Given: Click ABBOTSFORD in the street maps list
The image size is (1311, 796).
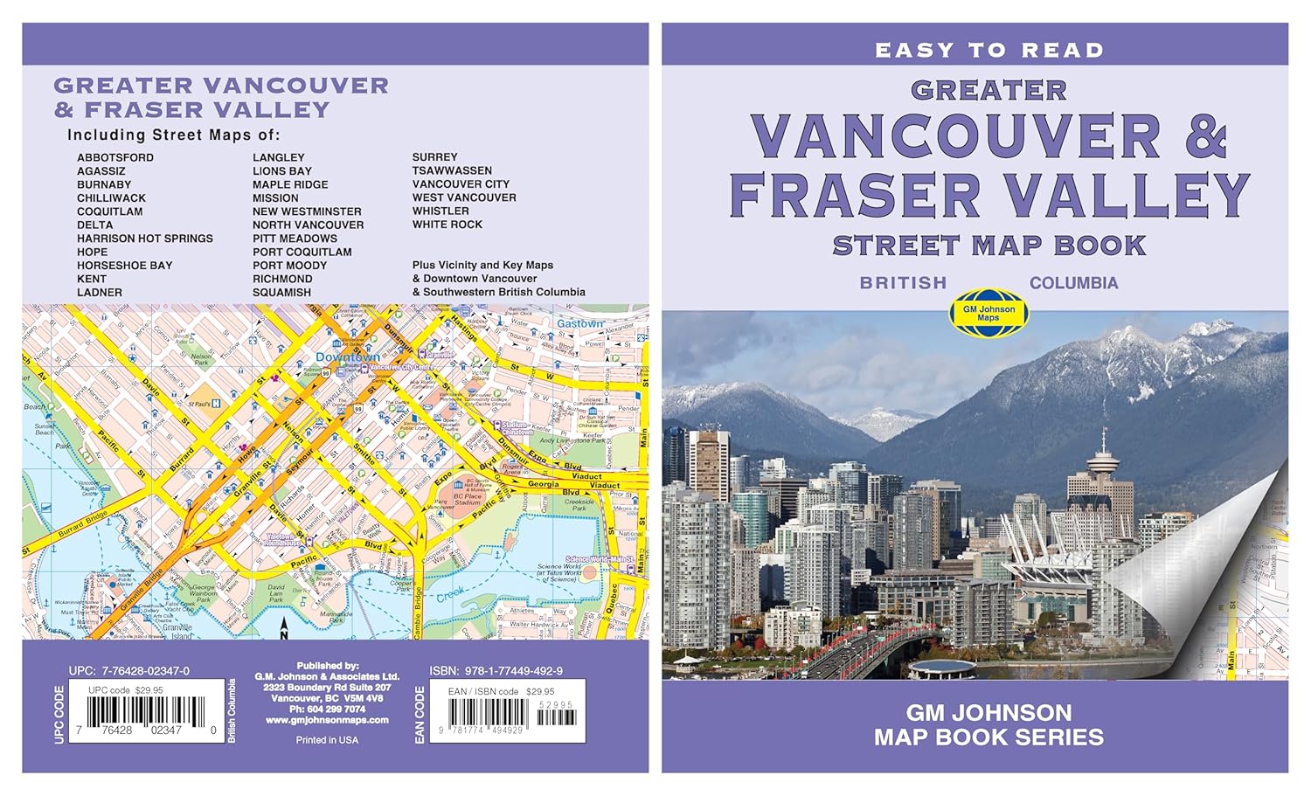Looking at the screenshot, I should (x=114, y=157).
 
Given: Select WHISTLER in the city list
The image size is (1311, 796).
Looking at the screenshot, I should (x=440, y=211).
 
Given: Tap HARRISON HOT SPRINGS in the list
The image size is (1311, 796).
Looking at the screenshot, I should (x=144, y=239).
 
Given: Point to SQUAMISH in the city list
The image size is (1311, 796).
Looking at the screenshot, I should (x=281, y=293).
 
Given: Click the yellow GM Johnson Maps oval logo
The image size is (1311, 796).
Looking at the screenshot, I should (x=988, y=313).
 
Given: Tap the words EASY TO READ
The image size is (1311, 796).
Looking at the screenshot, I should (x=988, y=51).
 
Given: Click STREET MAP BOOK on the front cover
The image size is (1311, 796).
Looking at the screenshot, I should (x=988, y=246).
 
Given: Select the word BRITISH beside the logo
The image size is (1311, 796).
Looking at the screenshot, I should (x=903, y=283).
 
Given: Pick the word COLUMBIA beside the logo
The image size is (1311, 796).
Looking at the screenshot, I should (x=1073, y=283).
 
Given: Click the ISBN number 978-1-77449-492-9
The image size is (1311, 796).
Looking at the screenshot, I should (x=496, y=671).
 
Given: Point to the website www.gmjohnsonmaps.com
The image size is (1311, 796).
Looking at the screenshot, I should (x=327, y=721).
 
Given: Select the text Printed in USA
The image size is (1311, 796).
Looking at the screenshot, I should (x=327, y=740).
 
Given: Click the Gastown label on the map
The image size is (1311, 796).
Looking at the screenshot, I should (x=579, y=323).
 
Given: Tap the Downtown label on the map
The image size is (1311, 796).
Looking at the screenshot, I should (x=347, y=357).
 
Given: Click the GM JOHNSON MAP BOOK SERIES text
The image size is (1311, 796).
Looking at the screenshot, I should (x=988, y=725).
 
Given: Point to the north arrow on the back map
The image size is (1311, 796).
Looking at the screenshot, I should (x=282, y=626).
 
